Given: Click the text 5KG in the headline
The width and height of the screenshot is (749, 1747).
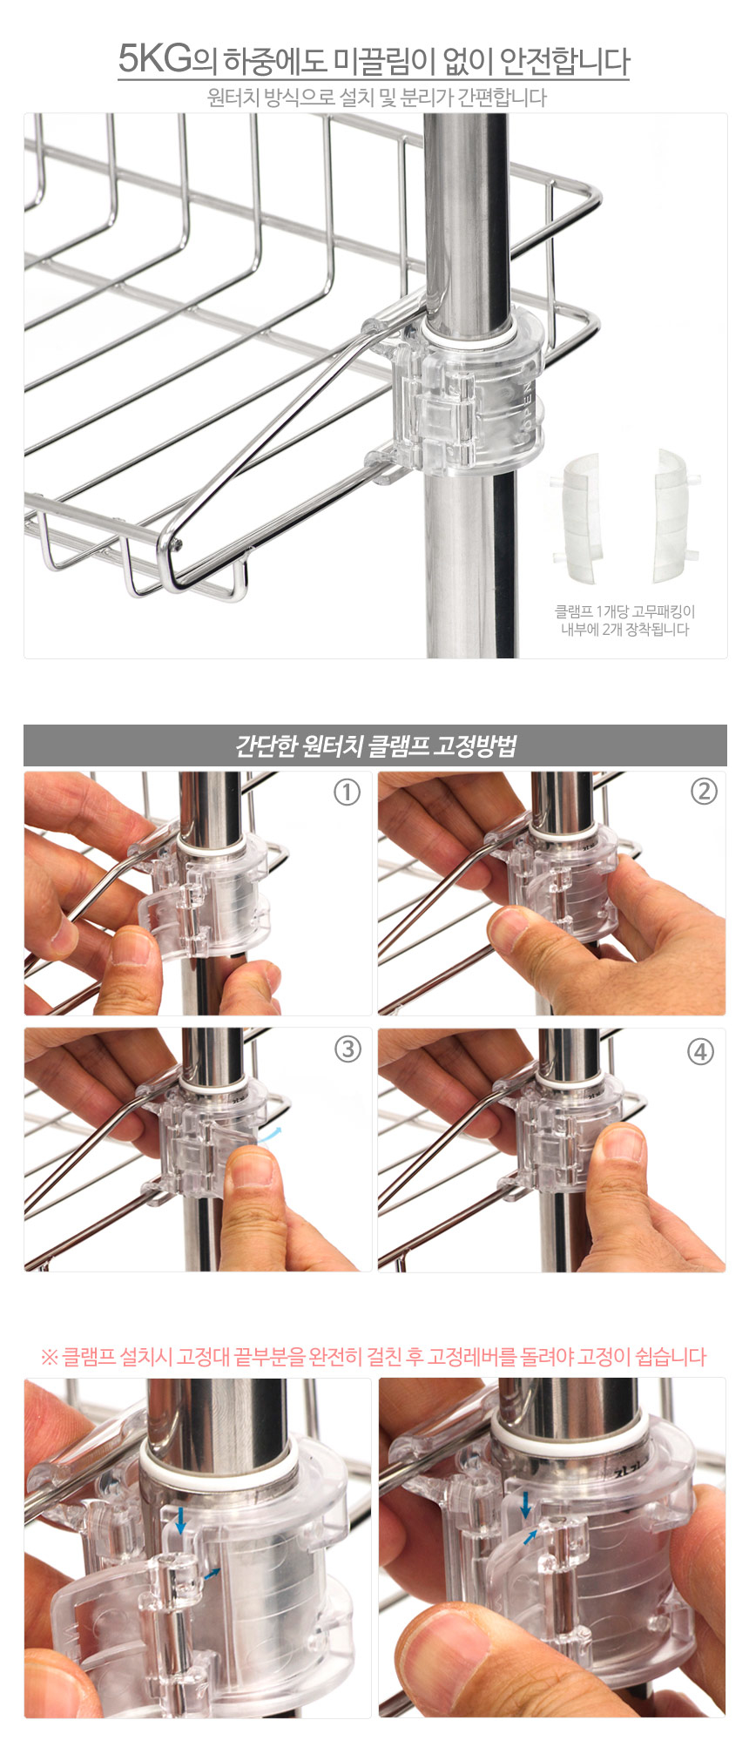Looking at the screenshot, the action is (x=154, y=59).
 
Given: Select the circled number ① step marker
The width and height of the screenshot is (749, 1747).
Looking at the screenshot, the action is (x=347, y=793).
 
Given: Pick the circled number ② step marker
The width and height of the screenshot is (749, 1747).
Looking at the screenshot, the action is (x=703, y=792).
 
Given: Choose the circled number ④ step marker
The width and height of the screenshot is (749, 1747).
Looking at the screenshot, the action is (x=701, y=1051).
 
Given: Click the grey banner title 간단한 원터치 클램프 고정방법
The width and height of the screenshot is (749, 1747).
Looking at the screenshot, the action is (x=375, y=746).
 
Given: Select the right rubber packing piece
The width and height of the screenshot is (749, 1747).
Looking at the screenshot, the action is (x=675, y=516).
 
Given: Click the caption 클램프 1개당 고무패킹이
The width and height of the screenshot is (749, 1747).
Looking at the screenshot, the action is (x=624, y=611).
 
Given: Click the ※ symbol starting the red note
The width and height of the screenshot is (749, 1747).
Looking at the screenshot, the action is (x=49, y=1356).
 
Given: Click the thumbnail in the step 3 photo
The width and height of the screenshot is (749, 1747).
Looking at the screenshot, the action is (x=253, y=1167).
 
